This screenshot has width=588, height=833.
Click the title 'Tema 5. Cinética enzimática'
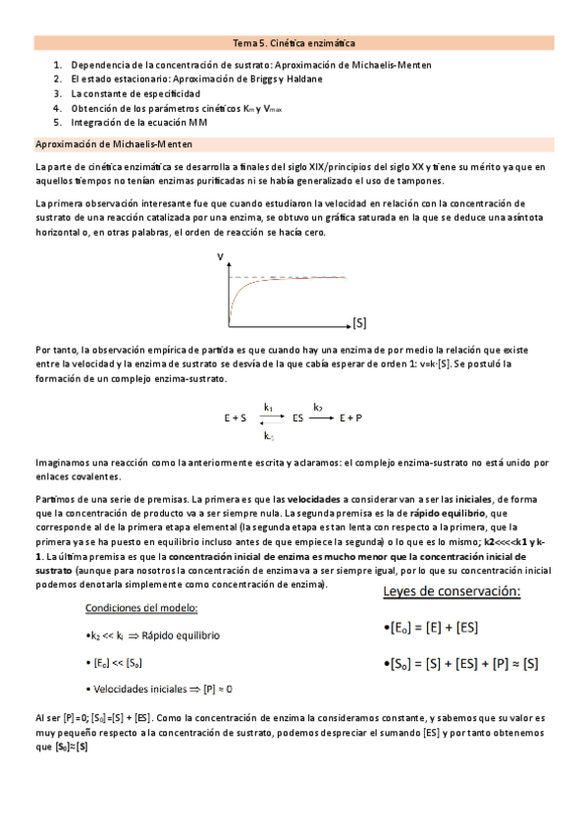pos(294,43)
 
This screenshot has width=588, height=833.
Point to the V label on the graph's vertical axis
pos(220,257)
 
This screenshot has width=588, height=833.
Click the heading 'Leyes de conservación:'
pos(451,592)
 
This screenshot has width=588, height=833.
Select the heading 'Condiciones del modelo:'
pos(137,606)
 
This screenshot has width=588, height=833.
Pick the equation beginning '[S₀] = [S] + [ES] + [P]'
pos(461,664)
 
